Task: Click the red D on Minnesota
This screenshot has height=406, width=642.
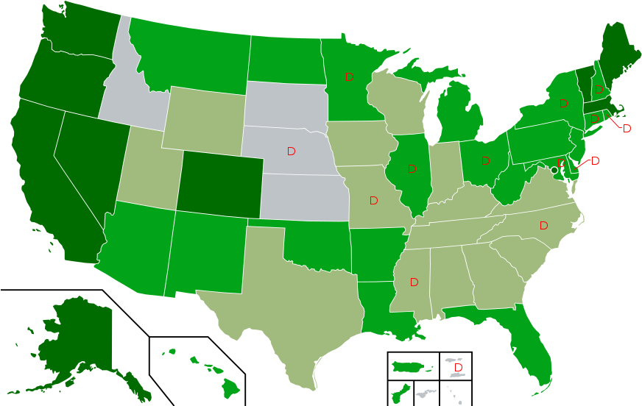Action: (x=349, y=76)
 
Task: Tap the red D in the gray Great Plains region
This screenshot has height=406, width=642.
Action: (x=292, y=151)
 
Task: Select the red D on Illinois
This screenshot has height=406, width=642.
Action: (x=412, y=169)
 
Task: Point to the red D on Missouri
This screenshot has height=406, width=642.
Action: (x=373, y=200)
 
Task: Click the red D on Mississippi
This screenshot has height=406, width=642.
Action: (x=414, y=282)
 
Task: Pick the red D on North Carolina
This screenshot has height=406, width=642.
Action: (x=543, y=225)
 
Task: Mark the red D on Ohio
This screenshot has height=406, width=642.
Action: (x=486, y=160)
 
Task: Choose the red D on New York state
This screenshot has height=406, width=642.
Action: (x=563, y=104)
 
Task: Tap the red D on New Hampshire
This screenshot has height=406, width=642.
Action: (x=599, y=90)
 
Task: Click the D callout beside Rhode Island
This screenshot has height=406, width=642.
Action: (x=627, y=129)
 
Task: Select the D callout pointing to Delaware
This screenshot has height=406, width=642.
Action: (x=595, y=161)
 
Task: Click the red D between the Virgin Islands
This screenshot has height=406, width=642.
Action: (x=458, y=367)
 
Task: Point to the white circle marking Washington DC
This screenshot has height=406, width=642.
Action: (x=554, y=170)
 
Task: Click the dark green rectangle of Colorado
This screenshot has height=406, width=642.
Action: (x=219, y=184)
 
